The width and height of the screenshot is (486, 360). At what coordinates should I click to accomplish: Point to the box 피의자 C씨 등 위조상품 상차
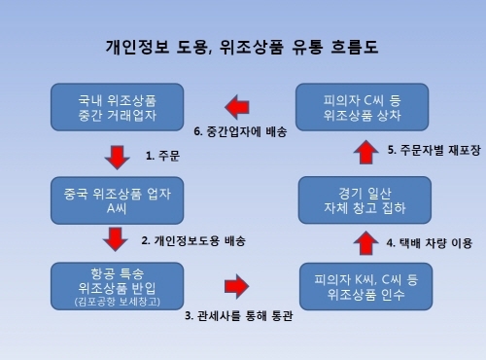point(360,105)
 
